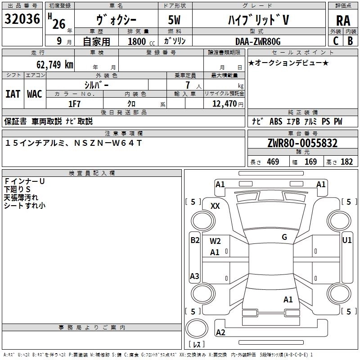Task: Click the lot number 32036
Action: [22, 19]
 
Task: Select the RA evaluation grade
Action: [343, 21]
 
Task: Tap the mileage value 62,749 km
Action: [55, 65]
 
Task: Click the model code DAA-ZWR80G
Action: [258, 41]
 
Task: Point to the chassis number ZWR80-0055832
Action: [302, 143]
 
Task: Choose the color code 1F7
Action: [74, 104]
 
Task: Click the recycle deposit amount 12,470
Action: [225, 104]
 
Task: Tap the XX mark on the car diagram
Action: [215, 206]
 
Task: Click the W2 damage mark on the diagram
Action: [215, 241]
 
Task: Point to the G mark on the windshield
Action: [284, 237]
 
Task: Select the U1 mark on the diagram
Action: [346, 240]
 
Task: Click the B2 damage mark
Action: [195, 240]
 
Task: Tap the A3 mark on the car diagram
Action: [194, 276]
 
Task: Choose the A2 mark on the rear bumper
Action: [220, 332]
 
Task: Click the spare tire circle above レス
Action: [197, 328]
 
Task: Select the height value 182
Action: [346, 162]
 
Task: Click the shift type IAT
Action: [13, 94]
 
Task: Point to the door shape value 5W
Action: [174, 20]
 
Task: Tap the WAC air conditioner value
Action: [35, 94]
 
